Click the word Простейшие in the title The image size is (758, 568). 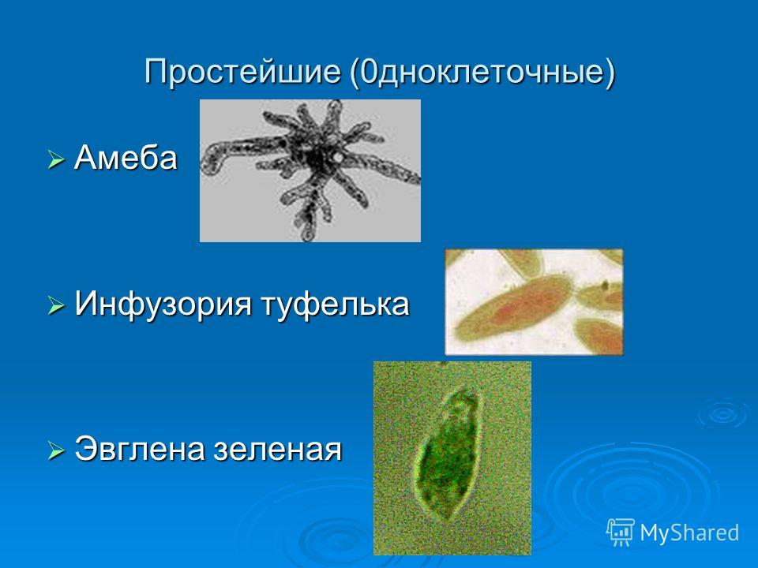point(242,72)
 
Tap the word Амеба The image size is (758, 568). point(126,158)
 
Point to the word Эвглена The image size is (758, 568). point(140,449)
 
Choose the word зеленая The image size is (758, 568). point(277,450)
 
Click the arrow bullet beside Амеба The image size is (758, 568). point(55,159)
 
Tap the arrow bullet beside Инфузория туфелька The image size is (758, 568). point(55,305)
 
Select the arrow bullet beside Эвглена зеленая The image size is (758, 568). point(55,450)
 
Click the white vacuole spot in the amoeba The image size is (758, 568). point(338,158)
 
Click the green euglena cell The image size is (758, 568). point(448,458)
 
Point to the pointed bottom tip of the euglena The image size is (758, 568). point(448,519)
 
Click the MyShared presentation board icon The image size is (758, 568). point(621,532)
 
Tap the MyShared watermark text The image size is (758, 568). point(689,532)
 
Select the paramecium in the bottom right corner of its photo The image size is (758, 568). point(599,335)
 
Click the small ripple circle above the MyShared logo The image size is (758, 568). point(722,413)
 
